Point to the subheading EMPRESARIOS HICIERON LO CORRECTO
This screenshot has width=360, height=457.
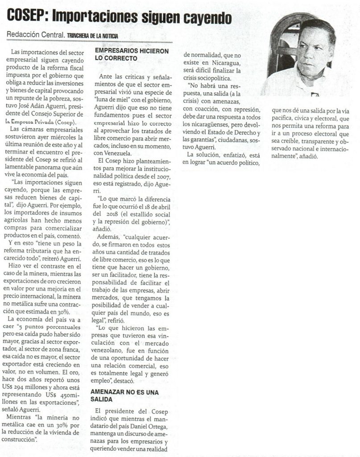[132, 54]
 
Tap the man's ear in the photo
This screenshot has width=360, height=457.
[330, 53]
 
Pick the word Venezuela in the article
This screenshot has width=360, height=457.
[119, 153]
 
